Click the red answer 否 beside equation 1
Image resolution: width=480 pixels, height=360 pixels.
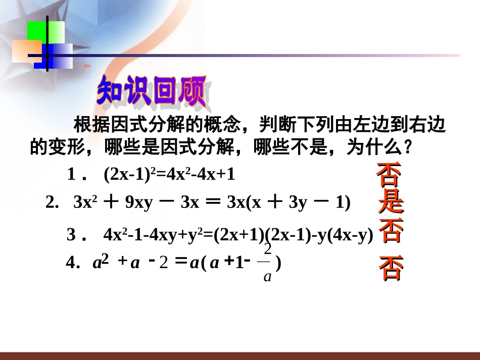coord(389,174)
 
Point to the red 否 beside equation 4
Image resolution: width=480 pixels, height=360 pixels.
coord(391,268)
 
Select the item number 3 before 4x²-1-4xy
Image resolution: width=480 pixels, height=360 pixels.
coord(72,235)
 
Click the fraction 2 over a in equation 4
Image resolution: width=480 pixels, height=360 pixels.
coord(267,263)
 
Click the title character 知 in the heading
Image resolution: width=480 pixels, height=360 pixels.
coord(111,92)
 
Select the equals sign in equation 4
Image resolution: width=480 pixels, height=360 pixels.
coord(180,263)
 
